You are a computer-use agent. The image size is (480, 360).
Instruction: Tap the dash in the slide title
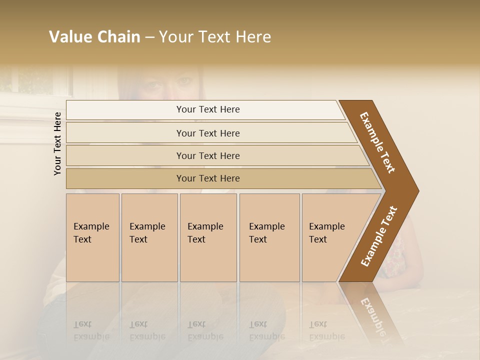[149, 37]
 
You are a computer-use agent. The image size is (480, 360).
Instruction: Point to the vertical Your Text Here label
[57, 143]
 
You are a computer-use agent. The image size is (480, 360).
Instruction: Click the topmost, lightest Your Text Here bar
[207, 109]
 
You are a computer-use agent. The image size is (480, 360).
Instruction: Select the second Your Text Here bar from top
[207, 133]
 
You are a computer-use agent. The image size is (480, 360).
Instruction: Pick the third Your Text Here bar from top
[207, 155]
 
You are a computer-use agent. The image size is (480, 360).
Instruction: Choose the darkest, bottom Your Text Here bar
[207, 178]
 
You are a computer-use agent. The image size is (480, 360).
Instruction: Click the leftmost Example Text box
[92, 237]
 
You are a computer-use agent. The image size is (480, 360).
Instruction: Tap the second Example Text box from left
[149, 237]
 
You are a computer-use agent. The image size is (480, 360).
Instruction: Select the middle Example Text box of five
[208, 237]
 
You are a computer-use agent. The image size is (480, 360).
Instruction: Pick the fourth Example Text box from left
[269, 237]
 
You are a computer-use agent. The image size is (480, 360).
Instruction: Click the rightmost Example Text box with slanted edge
[330, 237]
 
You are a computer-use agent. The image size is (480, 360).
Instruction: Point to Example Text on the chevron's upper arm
[377, 142]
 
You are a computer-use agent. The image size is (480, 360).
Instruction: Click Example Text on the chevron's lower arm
[379, 236]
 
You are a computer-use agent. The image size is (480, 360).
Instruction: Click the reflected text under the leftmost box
[91, 330]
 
